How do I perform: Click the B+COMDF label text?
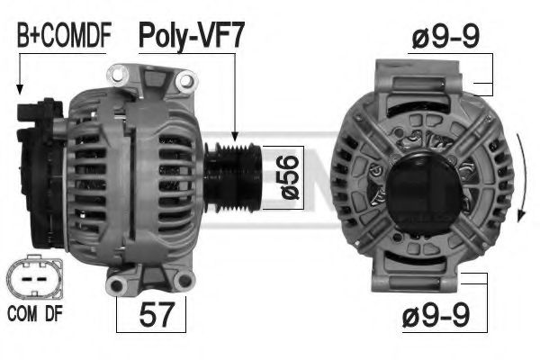coord(64,35)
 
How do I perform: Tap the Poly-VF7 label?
coord(192,36)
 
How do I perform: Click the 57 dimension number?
coord(157,314)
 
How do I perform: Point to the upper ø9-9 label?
coord(445,37)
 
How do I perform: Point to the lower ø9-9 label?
coord(436,315)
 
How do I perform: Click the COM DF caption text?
coord(35,313)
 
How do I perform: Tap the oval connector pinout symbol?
coord(34,277)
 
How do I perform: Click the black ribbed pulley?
coord(233,177)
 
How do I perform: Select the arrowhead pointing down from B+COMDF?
coord(20,90)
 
